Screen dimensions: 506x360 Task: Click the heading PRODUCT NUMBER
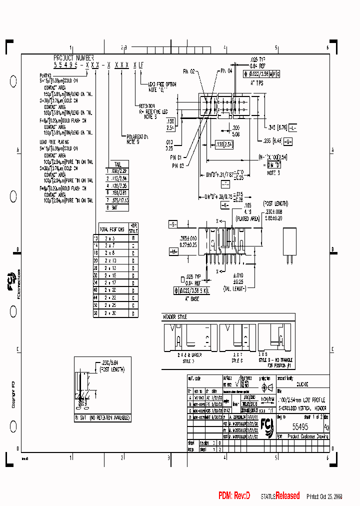point(73,58)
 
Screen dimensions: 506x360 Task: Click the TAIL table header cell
point(117,163)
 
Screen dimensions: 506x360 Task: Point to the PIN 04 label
point(226,71)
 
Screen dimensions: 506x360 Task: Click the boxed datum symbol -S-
point(173,224)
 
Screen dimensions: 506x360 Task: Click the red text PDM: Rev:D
point(233,495)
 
